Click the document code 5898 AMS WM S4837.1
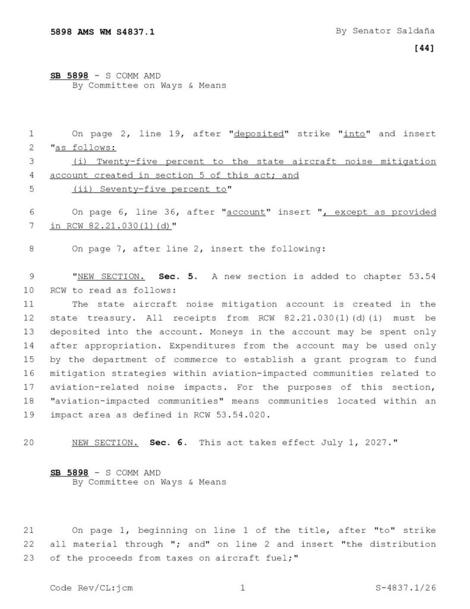(x=102, y=32)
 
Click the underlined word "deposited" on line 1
(x=258, y=134)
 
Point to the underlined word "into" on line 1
(x=355, y=134)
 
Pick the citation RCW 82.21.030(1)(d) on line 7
(x=118, y=227)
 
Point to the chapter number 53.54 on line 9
(x=423, y=277)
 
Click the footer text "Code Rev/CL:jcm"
(x=92, y=588)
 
